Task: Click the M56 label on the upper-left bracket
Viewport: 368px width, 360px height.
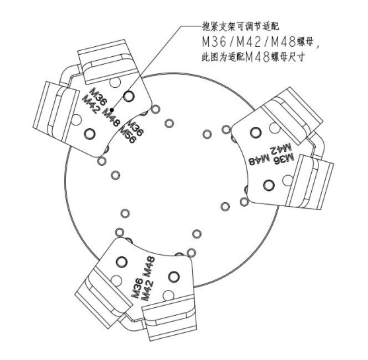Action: click(128, 135)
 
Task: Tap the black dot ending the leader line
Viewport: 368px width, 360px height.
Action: click(112, 110)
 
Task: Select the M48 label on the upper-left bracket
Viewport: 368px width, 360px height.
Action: click(112, 118)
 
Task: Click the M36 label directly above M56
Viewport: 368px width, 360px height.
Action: click(135, 128)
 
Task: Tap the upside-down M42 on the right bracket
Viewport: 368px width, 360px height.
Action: click(281, 149)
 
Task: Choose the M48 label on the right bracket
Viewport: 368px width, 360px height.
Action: click(259, 161)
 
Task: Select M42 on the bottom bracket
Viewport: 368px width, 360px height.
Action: click(148, 291)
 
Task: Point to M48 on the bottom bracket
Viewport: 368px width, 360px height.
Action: click(149, 267)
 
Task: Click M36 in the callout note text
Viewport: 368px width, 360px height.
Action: click(215, 42)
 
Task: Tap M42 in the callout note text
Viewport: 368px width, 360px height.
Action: click(249, 42)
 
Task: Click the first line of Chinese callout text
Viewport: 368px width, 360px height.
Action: click(240, 26)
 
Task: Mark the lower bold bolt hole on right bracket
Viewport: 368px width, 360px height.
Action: click(269, 185)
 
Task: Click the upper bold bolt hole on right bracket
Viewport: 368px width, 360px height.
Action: click(256, 133)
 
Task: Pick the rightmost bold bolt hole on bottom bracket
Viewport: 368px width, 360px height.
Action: click(174, 277)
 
